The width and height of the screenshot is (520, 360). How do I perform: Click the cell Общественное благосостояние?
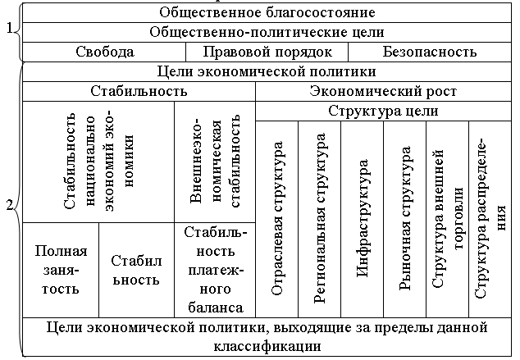pos(267,12)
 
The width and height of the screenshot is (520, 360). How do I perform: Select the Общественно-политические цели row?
pos(267,32)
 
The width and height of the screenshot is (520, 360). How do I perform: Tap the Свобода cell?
pos(105,52)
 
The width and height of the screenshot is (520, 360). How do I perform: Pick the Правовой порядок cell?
pos(267,52)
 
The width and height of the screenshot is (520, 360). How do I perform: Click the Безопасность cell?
pos(429,52)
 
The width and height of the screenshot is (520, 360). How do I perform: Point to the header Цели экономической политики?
pos(267,71)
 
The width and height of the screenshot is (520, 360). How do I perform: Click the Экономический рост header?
pos(383,91)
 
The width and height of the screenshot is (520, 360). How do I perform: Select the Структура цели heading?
pos(383,111)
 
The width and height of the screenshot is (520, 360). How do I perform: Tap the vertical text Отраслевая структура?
pos(277,217)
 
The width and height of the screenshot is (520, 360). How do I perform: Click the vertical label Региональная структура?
pos(320,217)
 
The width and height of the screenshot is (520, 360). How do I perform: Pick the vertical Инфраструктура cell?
pos(362,217)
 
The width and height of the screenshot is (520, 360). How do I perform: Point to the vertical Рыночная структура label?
pos(404,217)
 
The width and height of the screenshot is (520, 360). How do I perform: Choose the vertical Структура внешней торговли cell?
pos(447,217)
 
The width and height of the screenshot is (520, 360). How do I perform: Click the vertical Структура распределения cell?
pos(489,217)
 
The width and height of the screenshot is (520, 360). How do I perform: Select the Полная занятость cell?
pos(60,269)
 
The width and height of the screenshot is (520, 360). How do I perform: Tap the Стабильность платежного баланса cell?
pos(214,269)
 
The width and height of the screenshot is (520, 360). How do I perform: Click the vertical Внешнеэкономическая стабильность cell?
pos(214,162)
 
